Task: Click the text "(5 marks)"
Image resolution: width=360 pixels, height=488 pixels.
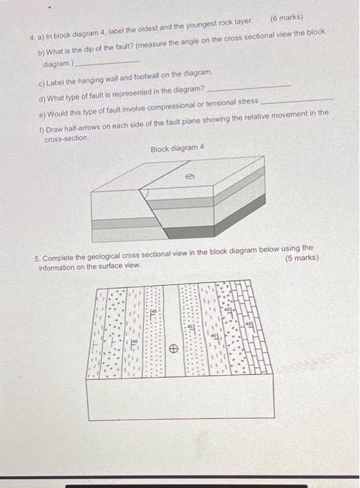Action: pos(301,257)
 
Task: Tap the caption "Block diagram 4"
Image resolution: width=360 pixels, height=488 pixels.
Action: pos(178,148)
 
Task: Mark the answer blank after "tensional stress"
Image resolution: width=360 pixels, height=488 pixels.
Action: pos(297,101)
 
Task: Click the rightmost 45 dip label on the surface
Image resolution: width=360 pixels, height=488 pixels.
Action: pos(248,323)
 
